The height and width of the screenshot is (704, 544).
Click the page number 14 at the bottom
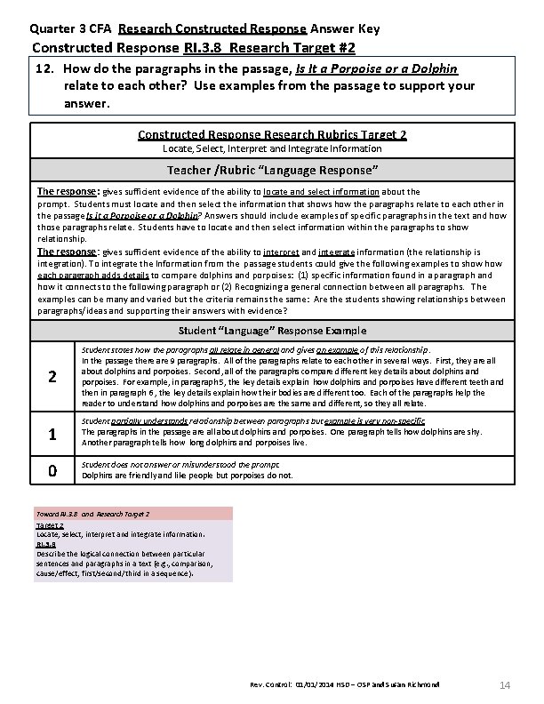[x=504, y=684]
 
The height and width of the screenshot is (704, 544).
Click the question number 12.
[x=45, y=68]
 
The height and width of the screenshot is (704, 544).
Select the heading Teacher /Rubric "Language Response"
[x=272, y=170]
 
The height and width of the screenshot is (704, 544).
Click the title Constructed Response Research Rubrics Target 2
[x=272, y=135]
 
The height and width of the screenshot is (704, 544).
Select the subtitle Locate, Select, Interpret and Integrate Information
[x=272, y=148]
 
